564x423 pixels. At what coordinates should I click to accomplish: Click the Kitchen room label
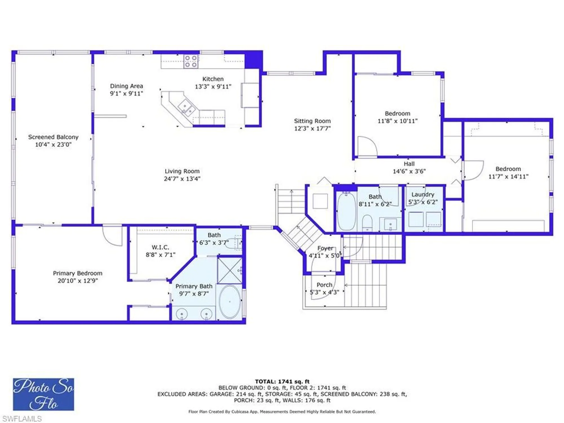tap(213, 79)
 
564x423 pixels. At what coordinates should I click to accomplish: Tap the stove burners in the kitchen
tap(191, 61)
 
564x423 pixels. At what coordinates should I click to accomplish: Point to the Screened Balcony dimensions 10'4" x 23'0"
tap(53, 145)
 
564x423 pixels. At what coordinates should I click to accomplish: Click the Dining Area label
tap(126, 86)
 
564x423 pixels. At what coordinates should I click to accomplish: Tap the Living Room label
tap(182, 171)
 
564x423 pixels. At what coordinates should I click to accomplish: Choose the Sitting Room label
tap(312, 121)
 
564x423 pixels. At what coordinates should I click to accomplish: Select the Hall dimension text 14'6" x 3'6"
tap(409, 171)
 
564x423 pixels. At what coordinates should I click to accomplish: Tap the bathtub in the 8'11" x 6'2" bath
tap(347, 211)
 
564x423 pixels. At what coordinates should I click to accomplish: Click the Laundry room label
tap(423, 195)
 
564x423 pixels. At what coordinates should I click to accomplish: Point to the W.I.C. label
tap(160, 247)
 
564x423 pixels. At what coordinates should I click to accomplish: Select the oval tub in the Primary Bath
tap(230, 302)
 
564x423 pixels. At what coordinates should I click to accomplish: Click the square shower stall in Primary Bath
tap(230, 270)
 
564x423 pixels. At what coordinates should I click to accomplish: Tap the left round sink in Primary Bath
tap(182, 314)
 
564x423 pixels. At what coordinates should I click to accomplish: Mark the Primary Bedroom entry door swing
tap(112, 236)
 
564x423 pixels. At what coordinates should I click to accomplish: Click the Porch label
tap(324, 285)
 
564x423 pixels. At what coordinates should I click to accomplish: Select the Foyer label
tap(325, 248)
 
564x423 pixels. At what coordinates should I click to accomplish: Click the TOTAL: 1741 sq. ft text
tap(282, 382)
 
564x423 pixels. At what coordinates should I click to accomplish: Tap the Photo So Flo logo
tap(44, 394)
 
